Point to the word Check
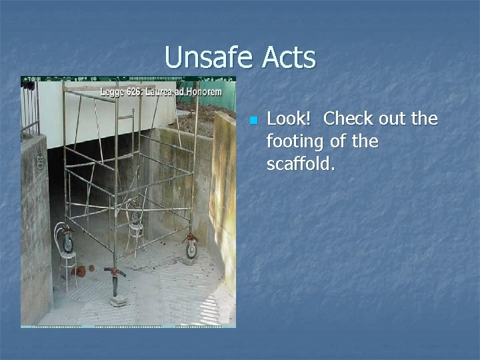point(347,119)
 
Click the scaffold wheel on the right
point(191,249)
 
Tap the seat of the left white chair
point(67,254)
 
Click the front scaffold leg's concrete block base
point(118,301)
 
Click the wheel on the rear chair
point(136,217)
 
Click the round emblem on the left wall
point(39,161)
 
